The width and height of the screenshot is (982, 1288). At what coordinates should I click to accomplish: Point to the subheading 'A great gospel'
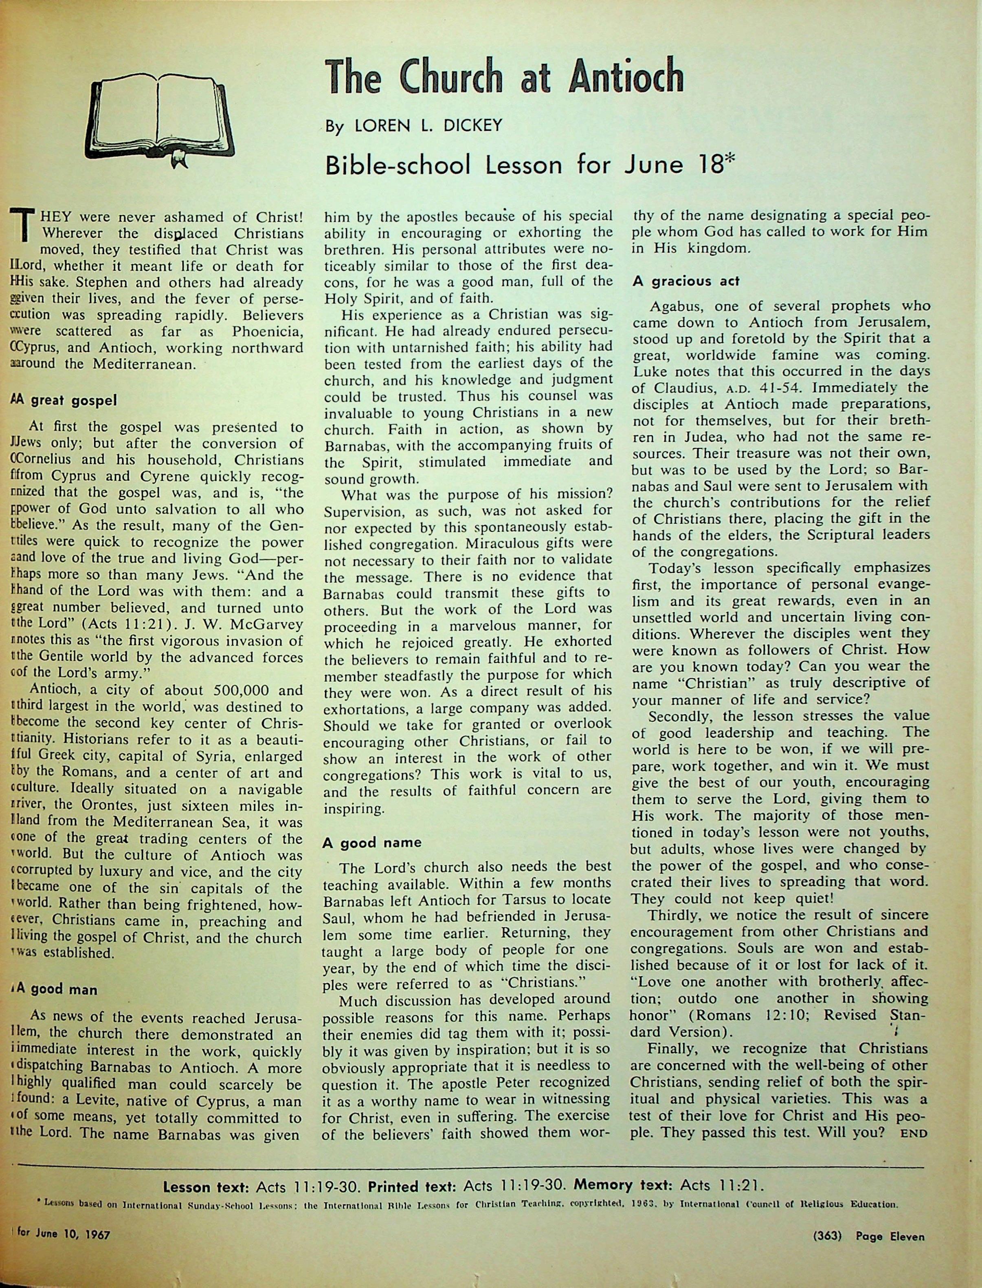point(64,400)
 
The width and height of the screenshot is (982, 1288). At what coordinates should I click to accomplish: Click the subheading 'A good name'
point(372,842)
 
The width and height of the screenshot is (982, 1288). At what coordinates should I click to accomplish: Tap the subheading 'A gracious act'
point(686,281)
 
